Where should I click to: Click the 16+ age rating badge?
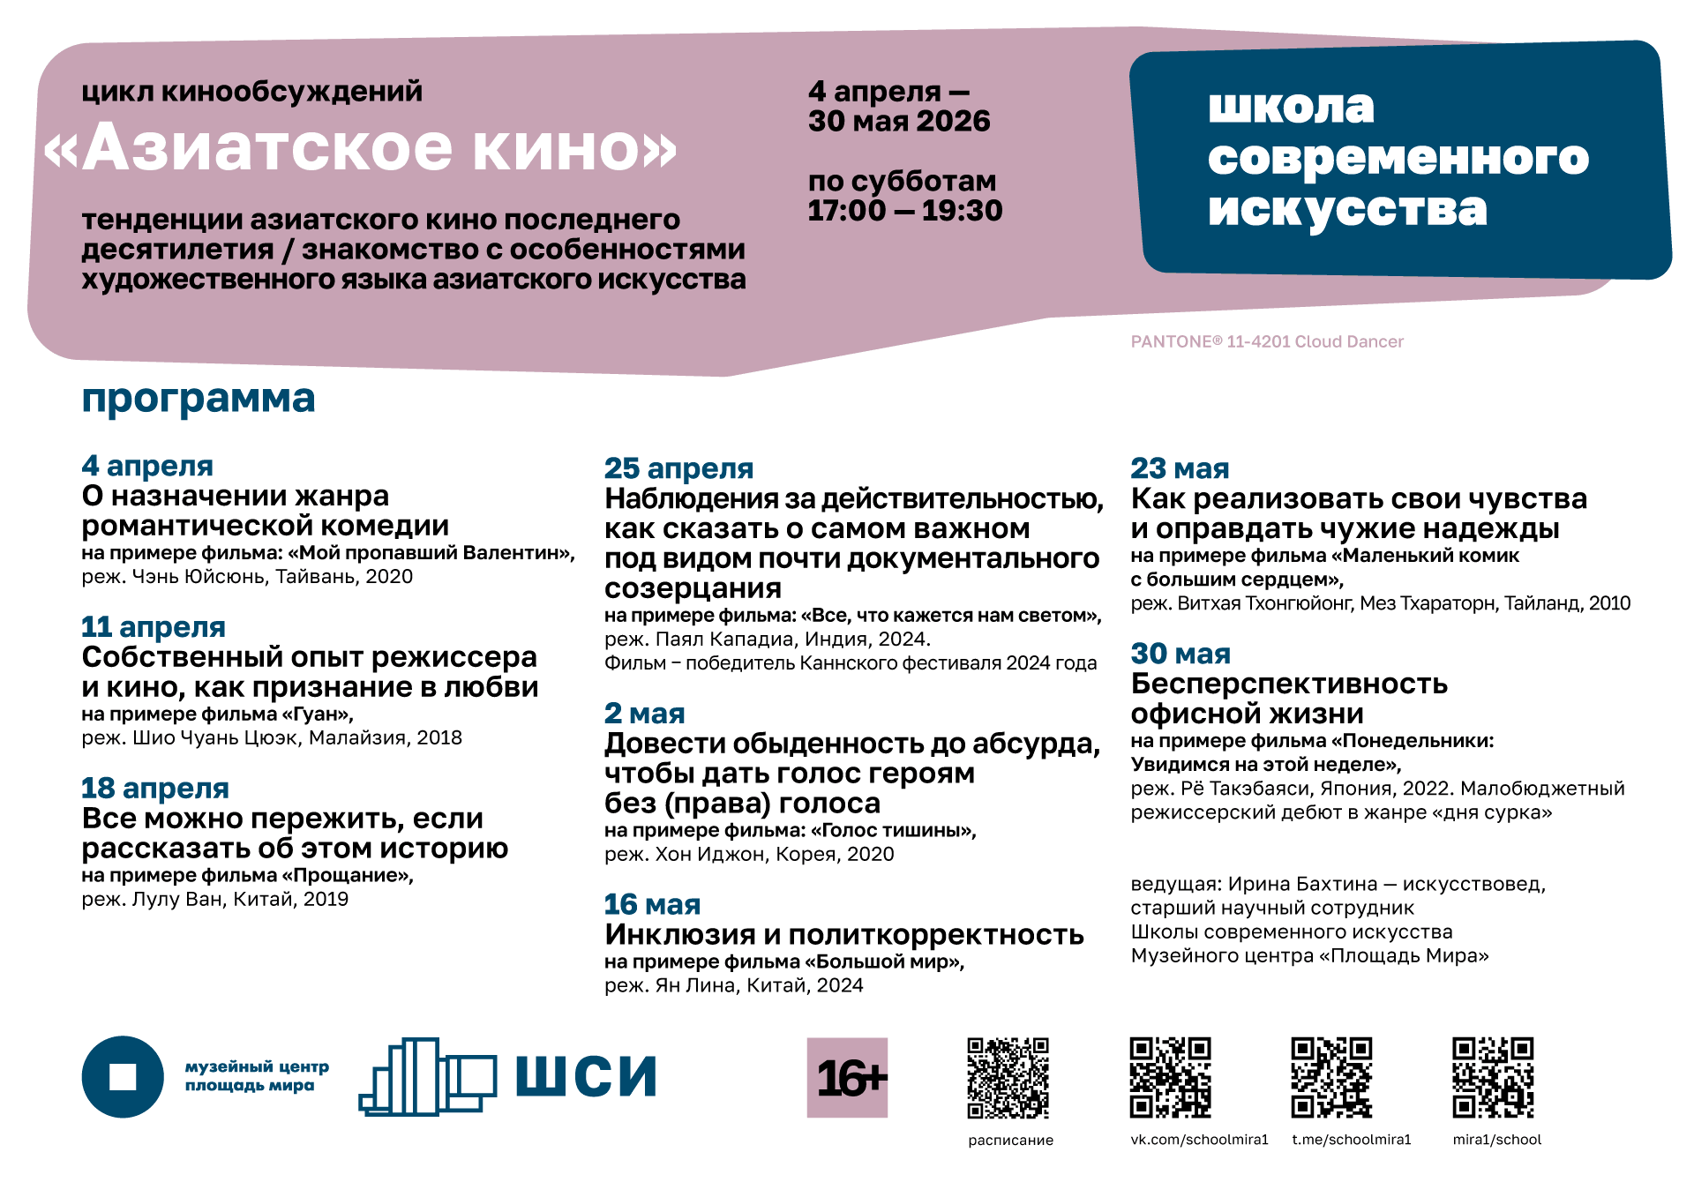846,1077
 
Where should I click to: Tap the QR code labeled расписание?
1008,1077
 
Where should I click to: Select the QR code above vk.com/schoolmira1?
1170,1077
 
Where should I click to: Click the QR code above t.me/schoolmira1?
1331,1077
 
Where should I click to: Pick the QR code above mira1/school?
1493,1077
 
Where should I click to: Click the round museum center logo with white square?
123,1076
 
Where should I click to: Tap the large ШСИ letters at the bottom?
586,1076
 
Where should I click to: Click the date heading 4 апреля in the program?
147,466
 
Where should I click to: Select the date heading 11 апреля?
154,627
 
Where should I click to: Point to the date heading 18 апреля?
155,789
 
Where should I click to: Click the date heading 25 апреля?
678,468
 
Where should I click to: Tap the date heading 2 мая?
644,714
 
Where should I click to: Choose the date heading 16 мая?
652,904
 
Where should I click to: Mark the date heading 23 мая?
1180,468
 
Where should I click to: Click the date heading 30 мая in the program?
1181,654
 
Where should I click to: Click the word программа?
199,399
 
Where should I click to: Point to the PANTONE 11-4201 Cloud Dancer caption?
1266,342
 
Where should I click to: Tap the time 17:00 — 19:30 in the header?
904,211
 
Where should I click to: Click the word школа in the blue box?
1291,107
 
